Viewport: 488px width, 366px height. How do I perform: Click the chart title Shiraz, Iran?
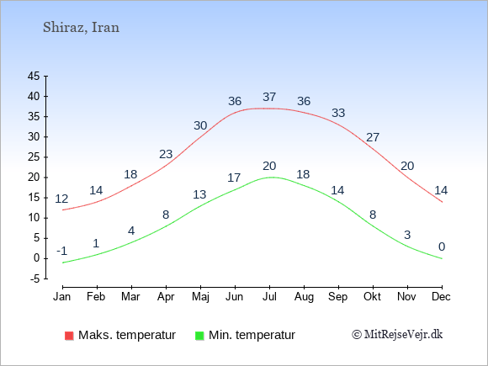click(81, 28)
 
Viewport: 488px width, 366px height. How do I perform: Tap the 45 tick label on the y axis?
click(34, 76)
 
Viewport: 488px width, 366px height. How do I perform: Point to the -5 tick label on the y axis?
click(34, 278)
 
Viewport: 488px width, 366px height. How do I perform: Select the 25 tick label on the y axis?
click(34, 157)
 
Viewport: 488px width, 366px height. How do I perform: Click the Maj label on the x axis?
click(200, 297)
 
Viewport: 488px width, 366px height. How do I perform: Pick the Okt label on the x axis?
click(372, 297)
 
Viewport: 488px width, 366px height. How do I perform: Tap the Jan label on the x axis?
click(62, 297)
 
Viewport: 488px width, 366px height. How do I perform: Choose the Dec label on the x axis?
click(441, 297)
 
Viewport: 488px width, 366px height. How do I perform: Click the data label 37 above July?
click(269, 97)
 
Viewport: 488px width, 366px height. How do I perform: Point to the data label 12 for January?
click(61, 199)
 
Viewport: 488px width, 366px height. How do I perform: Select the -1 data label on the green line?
click(62, 251)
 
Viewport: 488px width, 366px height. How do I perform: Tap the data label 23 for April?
click(166, 154)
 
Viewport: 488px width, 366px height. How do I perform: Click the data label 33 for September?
click(338, 113)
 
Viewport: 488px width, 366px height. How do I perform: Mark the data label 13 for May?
click(199, 194)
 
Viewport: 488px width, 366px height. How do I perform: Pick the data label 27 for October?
click(373, 137)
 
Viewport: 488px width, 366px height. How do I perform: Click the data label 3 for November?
click(407, 235)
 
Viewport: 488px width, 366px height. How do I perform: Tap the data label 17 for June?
click(234, 178)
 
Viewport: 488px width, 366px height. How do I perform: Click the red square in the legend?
click(69, 336)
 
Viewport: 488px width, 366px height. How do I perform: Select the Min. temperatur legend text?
click(252, 335)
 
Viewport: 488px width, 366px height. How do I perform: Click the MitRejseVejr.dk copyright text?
click(397, 335)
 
